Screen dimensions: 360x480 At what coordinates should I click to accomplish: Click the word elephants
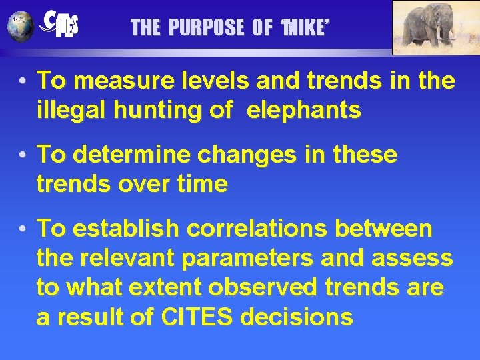(x=304, y=111)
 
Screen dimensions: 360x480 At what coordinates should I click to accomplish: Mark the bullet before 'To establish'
(x=23, y=229)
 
